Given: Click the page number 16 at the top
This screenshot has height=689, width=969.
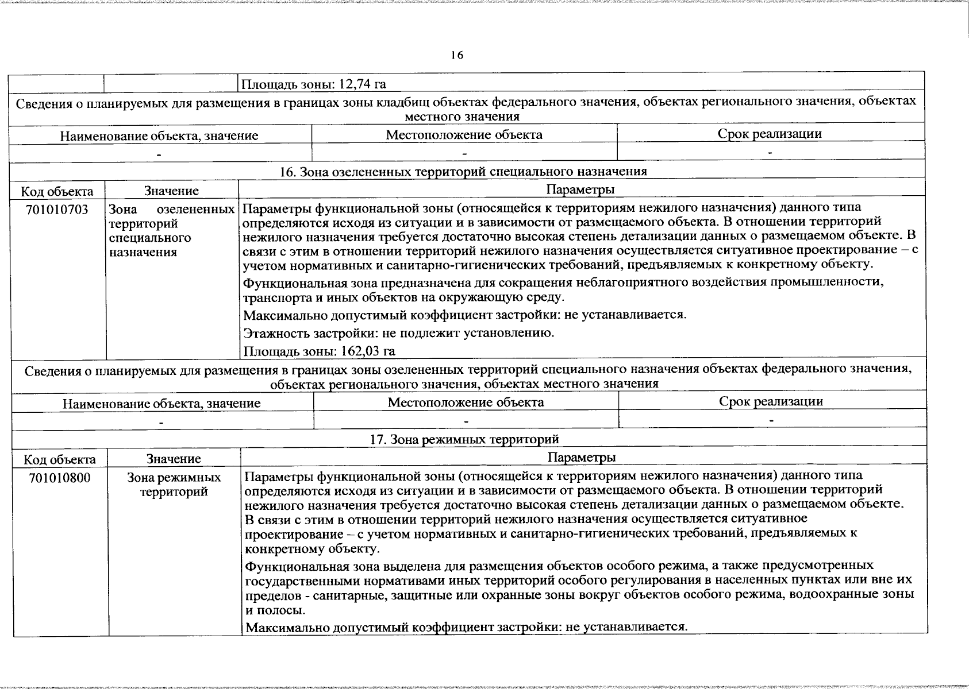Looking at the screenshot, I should point(456,55).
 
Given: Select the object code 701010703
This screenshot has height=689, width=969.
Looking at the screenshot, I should point(57,210).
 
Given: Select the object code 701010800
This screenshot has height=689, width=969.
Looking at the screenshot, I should point(60,478).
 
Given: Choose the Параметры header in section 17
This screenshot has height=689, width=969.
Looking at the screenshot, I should point(582,457).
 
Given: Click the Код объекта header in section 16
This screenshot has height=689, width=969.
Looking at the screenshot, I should point(57,191).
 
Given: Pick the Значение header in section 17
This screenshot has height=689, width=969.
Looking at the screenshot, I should point(174,459).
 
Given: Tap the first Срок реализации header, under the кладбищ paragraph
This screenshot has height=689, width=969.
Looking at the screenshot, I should point(769,134).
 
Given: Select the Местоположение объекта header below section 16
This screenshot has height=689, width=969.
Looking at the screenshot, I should point(466,402).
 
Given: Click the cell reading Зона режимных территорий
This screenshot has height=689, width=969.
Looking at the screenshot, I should point(174,485).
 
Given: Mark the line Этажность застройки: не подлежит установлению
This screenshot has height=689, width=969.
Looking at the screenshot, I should point(399,333).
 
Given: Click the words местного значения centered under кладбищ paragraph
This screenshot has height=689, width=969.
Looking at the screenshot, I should point(462,117).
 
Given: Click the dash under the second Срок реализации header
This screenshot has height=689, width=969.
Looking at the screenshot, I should point(771,421).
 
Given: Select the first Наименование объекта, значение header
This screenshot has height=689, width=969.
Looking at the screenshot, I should point(159,136).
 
